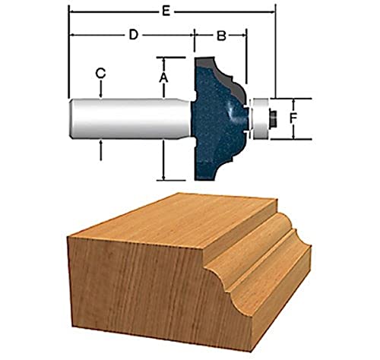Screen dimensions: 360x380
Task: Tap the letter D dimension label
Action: click(132, 35)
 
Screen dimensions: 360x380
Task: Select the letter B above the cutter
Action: click(220, 35)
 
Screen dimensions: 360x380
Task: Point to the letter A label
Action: click(163, 77)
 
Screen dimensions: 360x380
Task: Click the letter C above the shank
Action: click(100, 73)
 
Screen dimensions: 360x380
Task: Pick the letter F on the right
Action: click(302, 118)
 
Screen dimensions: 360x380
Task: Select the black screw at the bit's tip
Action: click(270, 118)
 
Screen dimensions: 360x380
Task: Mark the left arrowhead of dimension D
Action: click(71, 36)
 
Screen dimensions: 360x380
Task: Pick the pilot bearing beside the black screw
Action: click(257, 118)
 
